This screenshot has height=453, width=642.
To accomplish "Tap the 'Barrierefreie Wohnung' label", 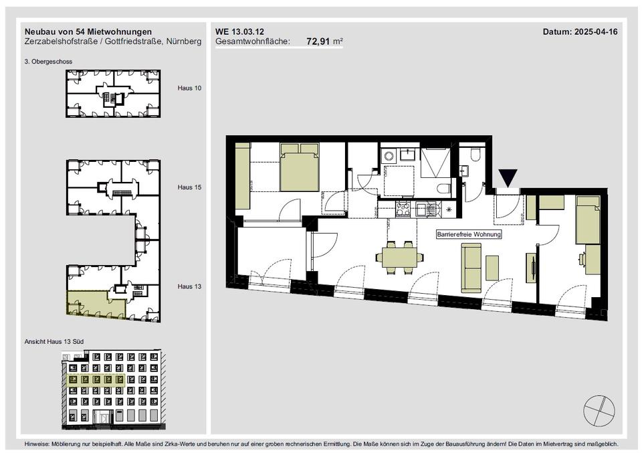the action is (x=469, y=235).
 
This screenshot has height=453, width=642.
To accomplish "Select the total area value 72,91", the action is (x=318, y=41).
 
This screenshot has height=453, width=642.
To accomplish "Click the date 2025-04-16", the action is (x=596, y=31).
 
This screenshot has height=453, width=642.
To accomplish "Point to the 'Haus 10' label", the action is (x=189, y=88).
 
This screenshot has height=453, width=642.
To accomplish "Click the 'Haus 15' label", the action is (x=189, y=187).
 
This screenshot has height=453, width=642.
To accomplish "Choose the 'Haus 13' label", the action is (x=189, y=286).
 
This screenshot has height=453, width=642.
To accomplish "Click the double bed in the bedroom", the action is (x=300, y=167).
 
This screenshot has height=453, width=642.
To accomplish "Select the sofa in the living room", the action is (x=471, y=268).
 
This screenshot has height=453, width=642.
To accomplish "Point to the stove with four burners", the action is (x=403, y=209).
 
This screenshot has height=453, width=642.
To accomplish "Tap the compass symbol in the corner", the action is (x=599, y=411).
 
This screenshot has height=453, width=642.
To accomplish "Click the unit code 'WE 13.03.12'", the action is (x=240, y=31).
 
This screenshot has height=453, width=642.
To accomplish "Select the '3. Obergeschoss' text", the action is (x=48, y=62).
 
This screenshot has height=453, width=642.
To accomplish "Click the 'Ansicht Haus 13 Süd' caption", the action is (x=54, y=342).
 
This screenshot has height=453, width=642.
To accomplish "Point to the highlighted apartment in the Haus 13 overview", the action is (x=95, y=303).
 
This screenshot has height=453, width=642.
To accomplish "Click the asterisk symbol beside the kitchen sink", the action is (x=449, y=209).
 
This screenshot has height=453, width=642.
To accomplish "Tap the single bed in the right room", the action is (x=588, y=219).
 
